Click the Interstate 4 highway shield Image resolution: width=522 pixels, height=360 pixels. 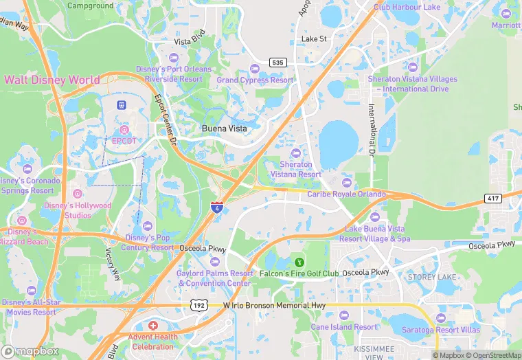coord(216,207)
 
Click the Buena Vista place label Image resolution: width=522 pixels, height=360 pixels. coord(225,128)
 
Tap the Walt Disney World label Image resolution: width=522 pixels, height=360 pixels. coord(52,80)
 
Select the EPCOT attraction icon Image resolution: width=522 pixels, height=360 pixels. coord(124,130)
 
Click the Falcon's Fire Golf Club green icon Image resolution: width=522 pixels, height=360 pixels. coord(299,262)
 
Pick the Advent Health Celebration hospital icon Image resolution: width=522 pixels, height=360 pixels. coord(152,325)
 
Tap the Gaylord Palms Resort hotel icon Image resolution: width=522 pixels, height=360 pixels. coord(214,262)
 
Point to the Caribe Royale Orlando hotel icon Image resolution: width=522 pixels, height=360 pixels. coord(347,183)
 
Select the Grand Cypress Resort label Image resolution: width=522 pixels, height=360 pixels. coord(255,80)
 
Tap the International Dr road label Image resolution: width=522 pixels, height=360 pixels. coord(371,128)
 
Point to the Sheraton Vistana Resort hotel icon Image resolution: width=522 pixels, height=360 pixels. coord(296,153)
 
